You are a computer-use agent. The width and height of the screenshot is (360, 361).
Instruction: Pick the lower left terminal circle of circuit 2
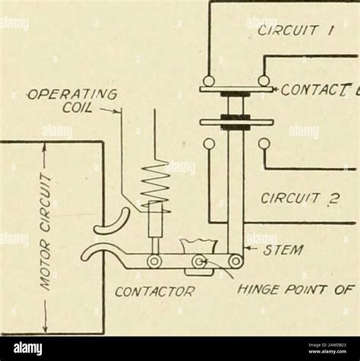point(209,143)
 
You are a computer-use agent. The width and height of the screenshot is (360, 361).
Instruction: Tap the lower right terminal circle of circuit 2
point(263,143)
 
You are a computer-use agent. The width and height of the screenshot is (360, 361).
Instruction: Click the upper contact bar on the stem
point(235,90)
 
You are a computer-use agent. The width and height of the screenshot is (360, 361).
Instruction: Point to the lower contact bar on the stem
point(235,122)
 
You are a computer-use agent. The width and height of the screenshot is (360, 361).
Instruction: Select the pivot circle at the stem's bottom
point(237,262)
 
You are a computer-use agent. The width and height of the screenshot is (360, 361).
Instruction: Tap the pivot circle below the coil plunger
point(154,262)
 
